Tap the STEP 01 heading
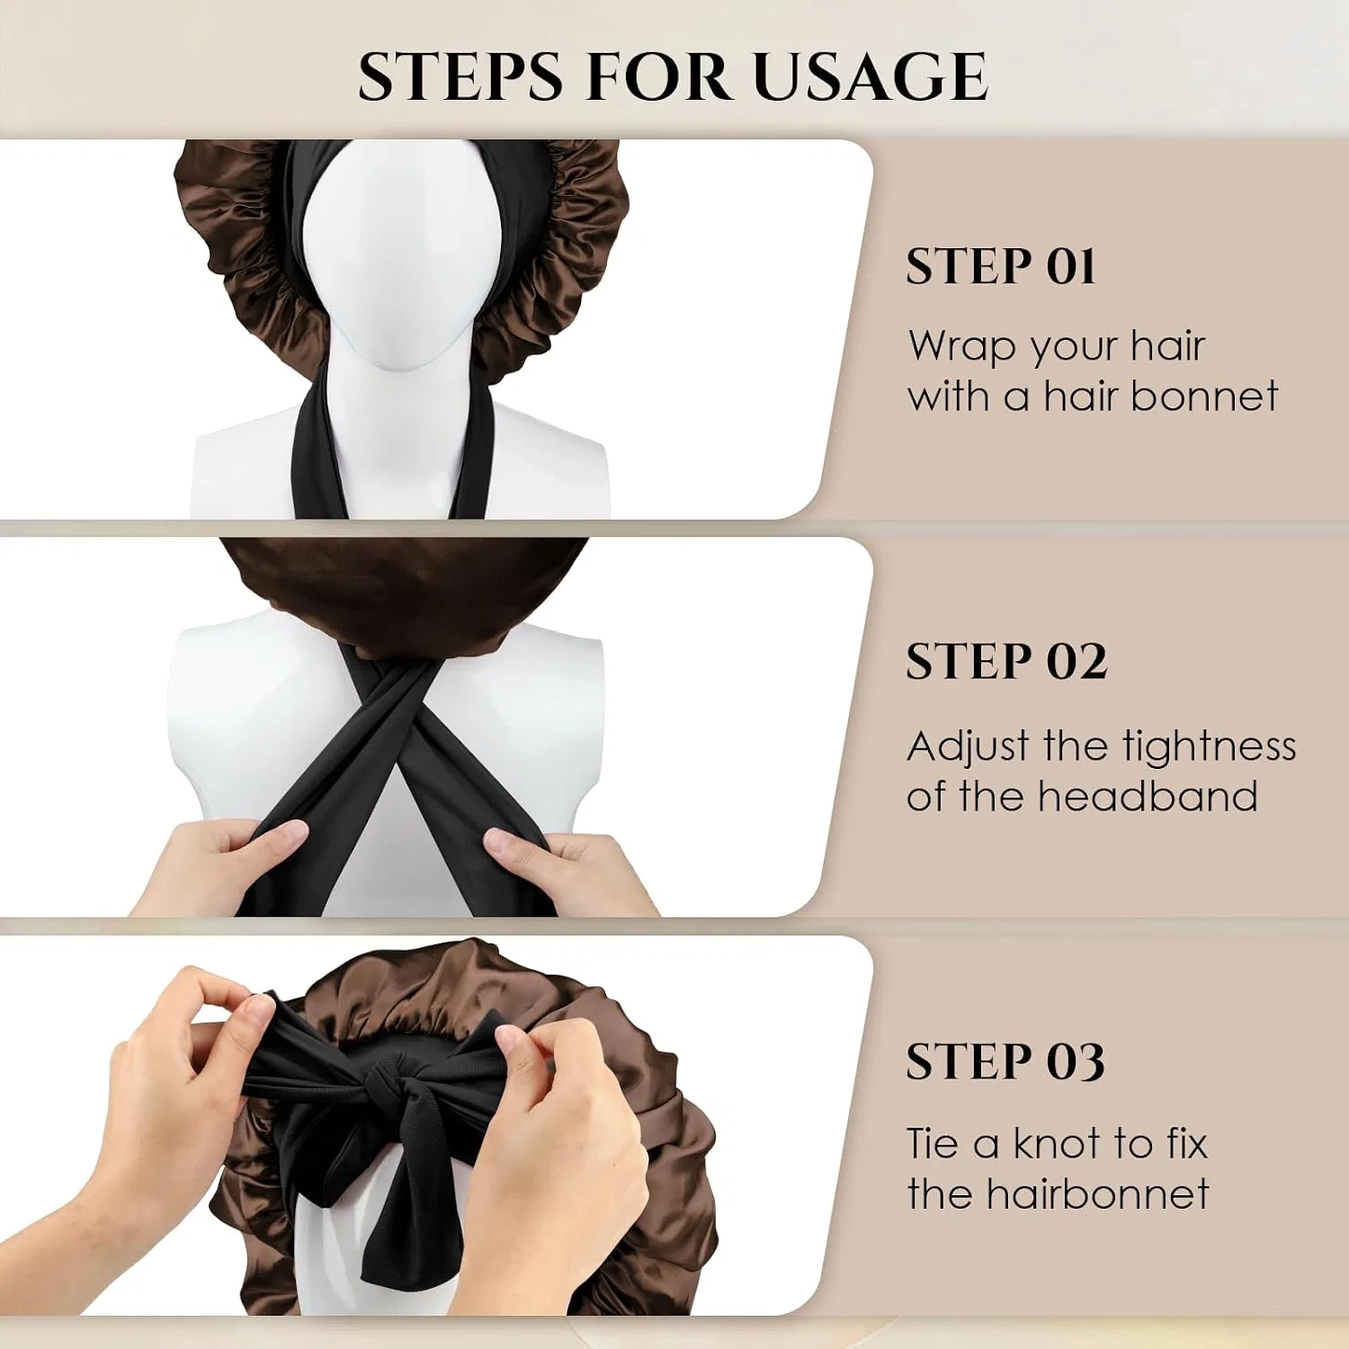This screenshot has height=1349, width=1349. tap(1000, 266)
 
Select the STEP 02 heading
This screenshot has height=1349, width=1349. tap(1006, 662)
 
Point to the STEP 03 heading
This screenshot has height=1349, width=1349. tap(1005, 1061)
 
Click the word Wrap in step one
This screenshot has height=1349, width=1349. tap(962, 346)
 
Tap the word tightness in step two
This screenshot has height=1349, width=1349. tap(1209, 746)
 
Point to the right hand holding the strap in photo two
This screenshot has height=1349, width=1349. tap(562, 868)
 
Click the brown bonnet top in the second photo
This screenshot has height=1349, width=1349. tap(405, 594)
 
